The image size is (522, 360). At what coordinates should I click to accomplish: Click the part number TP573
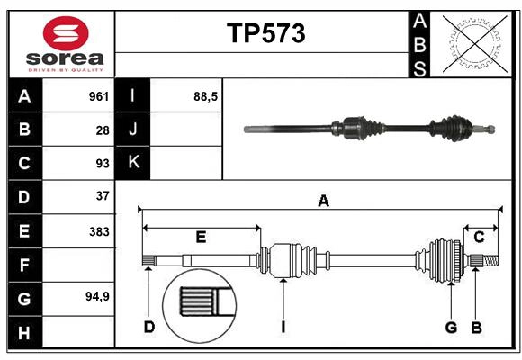[265, 33]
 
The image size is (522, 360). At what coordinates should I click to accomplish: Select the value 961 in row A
[98, 96]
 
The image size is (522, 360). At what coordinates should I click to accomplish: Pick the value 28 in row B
[103, 130]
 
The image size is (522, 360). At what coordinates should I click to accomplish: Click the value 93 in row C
[103, 163]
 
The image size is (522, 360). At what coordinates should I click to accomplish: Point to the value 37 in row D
[103, 195]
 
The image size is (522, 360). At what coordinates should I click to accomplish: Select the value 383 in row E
[99, 230]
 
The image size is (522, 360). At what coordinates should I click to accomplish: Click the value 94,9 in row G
[97, 296]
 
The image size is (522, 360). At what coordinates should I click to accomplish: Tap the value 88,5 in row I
[206, 96]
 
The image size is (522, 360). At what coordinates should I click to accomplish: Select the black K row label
[132, 163]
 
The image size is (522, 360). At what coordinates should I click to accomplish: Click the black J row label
[132, 130]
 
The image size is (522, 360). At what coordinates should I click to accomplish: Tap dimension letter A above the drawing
[323, 202]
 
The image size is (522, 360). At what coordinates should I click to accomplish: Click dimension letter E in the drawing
[201, 237]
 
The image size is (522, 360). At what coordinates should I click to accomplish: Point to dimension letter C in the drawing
[480, 237]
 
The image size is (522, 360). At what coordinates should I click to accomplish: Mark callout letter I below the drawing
[283, 327]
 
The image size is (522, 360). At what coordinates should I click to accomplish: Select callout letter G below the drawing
[451, 327]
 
